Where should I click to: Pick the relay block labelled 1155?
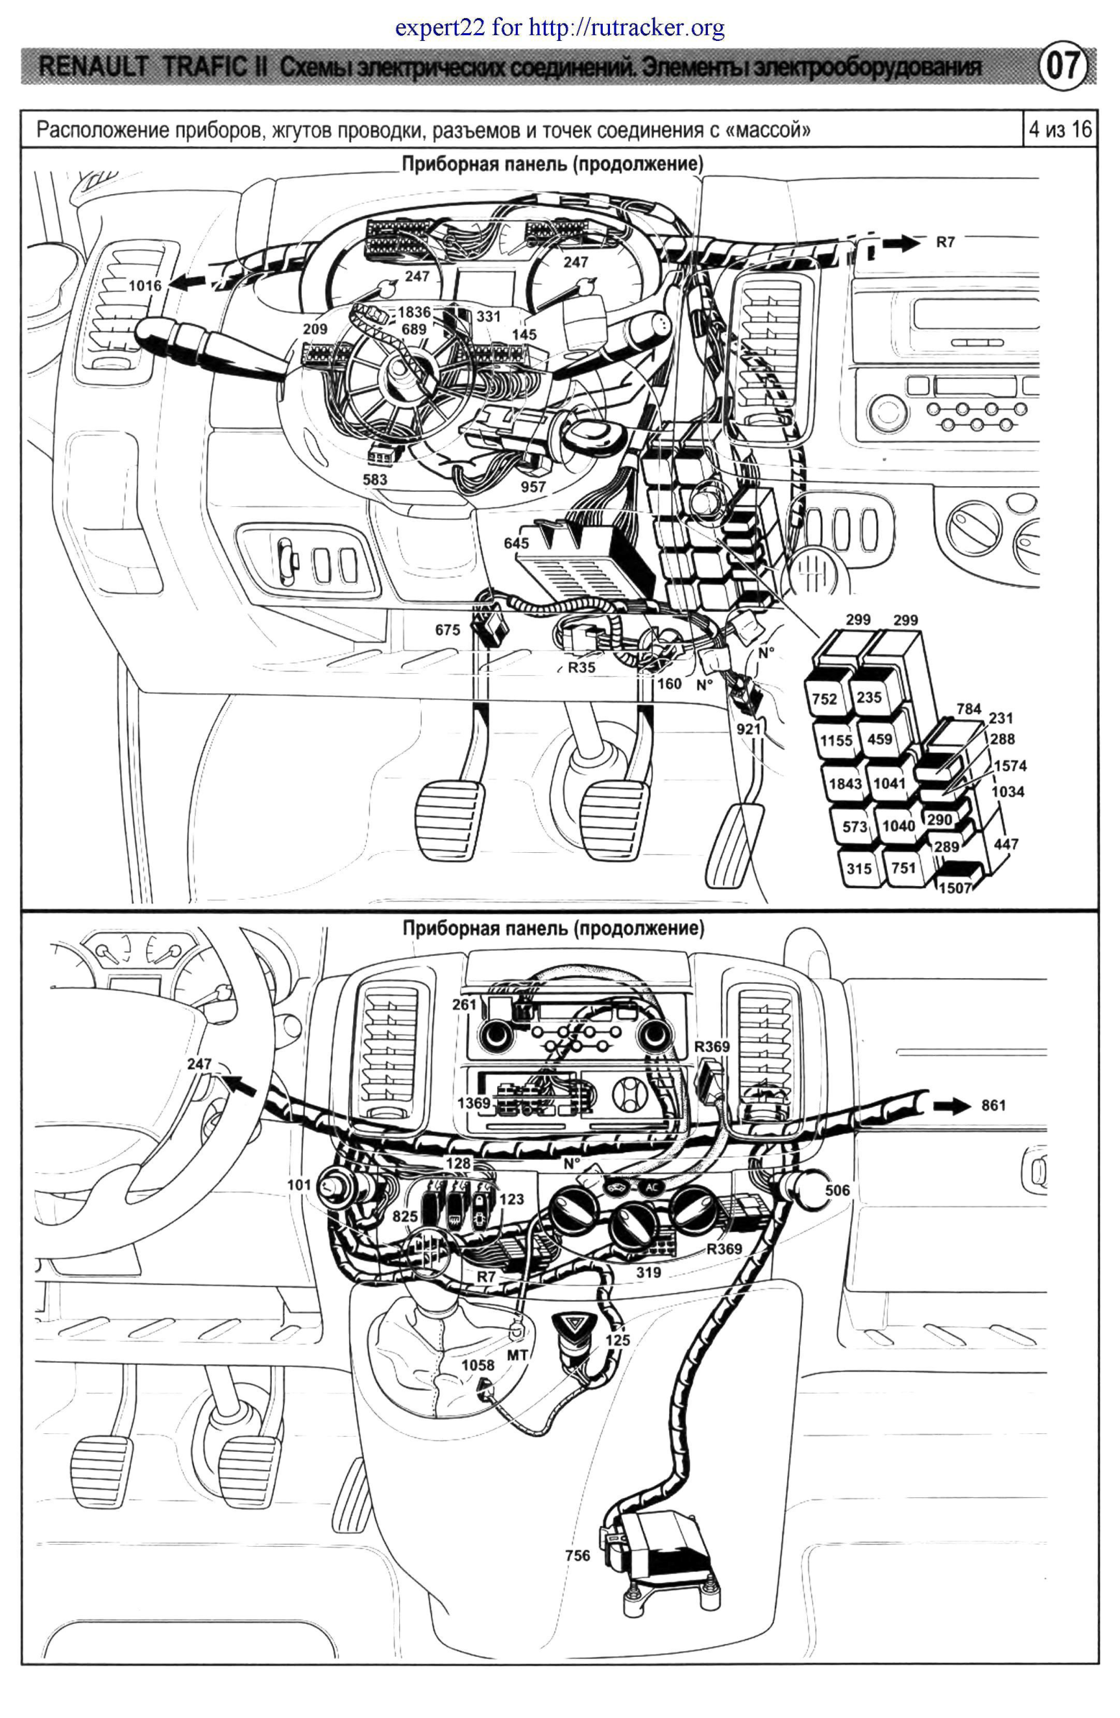835,740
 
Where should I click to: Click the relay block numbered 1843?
844,783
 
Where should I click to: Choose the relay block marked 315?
858,869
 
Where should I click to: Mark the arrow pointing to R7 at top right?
903,244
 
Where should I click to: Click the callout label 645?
516,543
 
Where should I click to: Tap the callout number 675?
447,629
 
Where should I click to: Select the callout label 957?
533,487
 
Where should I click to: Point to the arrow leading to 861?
952,1105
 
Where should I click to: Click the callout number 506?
837,1189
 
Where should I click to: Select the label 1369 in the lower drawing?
474,1102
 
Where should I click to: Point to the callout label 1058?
478,1364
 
